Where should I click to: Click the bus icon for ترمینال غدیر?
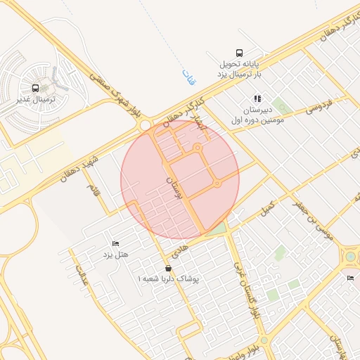click(35, 88)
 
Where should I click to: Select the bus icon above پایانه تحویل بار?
click(239, 52)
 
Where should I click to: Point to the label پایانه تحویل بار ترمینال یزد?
click(240, 68)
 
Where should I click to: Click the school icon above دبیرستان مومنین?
click(257, 98)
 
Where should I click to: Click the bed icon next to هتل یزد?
click(116, 243)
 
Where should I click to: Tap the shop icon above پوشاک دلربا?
click(167, 269)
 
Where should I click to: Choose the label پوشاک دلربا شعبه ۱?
click(169, 279)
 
